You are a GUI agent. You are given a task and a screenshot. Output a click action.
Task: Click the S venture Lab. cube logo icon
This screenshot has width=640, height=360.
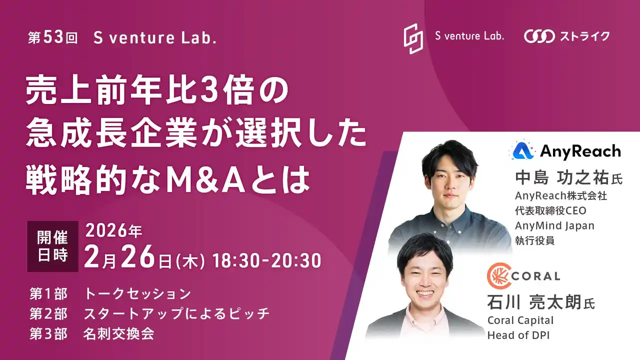(413, 38)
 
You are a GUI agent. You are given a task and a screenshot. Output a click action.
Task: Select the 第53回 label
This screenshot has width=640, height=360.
(53, 38)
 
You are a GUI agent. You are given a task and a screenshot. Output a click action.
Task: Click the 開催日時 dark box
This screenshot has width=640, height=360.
(52, 246)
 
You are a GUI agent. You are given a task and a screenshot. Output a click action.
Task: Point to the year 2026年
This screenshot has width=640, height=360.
(114, 231)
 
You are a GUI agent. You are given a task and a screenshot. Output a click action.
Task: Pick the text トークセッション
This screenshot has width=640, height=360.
(137, 293)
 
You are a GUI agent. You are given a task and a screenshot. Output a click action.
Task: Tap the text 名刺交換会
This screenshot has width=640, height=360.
(118, 334)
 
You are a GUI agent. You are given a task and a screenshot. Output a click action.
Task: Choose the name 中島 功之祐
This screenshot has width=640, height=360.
(562, 178)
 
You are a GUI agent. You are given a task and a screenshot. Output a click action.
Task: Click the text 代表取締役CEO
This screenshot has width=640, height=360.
(550, 210)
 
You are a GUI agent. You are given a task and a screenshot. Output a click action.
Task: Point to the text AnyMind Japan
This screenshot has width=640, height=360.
(554, 225)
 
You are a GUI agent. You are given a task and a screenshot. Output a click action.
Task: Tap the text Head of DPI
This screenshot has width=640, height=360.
(518, 335)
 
